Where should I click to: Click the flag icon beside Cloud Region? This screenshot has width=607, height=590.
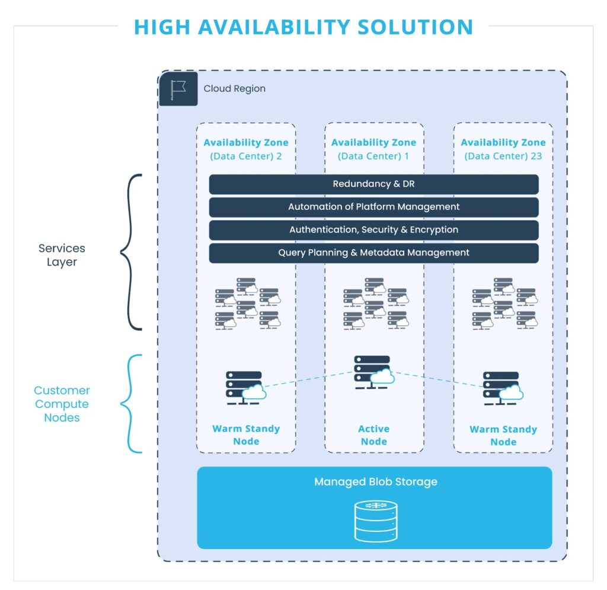pyautogui.click(x=178, y=89)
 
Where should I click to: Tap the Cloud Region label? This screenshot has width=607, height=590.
pyautogui.click(x=235, y=89)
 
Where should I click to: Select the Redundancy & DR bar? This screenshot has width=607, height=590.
pyautogui.click(x=373, y=184)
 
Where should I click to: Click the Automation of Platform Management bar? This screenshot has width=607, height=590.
pyautogui.click(x=373, y=207)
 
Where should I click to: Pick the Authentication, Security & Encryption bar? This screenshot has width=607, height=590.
pyautogui.click(x=373, y=229)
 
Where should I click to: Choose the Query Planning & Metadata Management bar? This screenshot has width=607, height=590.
pyautogui.click(x=373, y=253)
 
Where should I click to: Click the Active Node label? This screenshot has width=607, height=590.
pyautogui.click(x=373, y=435)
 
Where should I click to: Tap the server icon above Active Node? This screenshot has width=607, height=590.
pyautogui.click(x=374, y=372)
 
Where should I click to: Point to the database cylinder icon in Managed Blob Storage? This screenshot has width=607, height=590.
pyautogui.click(x=376, y=521)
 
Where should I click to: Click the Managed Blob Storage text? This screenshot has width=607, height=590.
pyautogui.click(x=375, y=481)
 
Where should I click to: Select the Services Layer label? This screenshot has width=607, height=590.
pyautogui.click(x=62, y=255)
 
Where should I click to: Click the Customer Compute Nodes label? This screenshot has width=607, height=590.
pyautogui.click(x=62, y=404)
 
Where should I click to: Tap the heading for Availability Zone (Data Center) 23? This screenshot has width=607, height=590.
pyautogui.click(x=503, y=149)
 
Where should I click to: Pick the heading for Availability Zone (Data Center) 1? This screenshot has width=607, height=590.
pyautogui.click(x=373, y=149)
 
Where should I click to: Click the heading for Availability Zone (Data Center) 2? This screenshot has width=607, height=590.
pyautogui.click(x=246, y=149)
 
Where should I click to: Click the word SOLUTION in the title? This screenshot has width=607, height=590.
pyautogui.click(x=415, y=27)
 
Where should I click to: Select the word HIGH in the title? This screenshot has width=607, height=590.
pyautogui.click(x=162, y=27)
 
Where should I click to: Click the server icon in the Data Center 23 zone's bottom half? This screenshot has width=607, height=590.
pyautogui.click(x=503, y=388)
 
